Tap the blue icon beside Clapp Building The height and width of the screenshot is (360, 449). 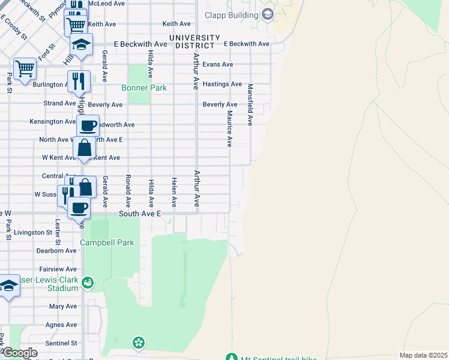(267, 13)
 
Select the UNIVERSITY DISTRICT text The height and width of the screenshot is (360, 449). (191, 41)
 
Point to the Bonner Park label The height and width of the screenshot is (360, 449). (143, 88)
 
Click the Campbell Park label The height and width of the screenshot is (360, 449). (107, 243)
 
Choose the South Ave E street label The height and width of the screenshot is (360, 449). (140, 214)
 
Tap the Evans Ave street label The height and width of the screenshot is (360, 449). (218, 64)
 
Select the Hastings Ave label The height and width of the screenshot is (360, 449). (222, 84)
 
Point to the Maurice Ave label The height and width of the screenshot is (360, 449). (229, 128)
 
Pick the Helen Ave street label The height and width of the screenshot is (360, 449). (174, 192)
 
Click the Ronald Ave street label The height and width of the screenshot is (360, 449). (128, 192)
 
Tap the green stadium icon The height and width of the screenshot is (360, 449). (88, 281)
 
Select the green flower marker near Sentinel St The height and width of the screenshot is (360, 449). (139, 343)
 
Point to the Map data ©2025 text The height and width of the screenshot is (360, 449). (423, 355)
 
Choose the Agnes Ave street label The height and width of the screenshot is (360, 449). (61, 325)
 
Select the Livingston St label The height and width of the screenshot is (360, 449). (33, 232)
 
